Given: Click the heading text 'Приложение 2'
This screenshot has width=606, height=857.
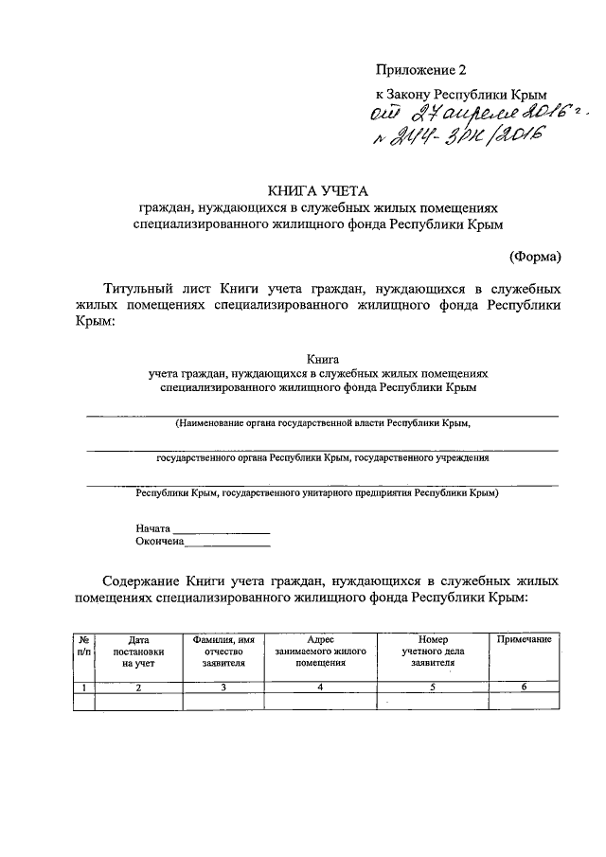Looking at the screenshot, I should coord(421,70).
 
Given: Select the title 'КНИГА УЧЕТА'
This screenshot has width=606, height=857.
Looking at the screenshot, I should coord(316,189).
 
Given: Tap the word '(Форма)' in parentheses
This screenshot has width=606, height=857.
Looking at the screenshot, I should coord(534,256).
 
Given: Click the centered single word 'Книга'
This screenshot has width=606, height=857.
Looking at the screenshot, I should coord(316,359).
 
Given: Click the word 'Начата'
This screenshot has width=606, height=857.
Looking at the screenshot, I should coord(152,527).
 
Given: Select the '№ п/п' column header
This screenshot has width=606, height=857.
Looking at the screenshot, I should coord(84,646).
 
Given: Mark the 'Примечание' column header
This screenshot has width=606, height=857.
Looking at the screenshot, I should coord(524,641).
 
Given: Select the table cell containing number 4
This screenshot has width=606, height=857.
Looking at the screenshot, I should coord(321,687).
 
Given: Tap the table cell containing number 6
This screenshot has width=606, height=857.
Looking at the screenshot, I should coord(524,687).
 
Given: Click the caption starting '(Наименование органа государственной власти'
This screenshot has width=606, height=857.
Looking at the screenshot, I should coord(322,423).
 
